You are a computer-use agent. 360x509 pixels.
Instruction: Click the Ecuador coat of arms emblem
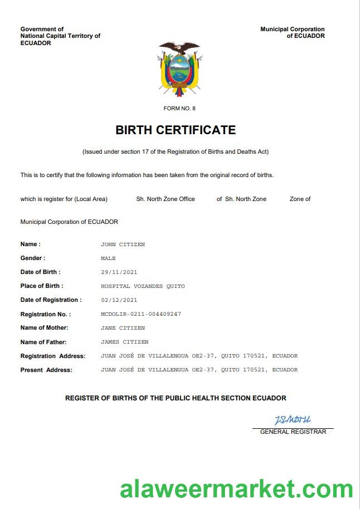point(179,68)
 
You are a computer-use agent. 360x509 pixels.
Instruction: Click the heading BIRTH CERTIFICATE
point(176,130)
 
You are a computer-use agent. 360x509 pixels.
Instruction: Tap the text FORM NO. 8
point(179,108)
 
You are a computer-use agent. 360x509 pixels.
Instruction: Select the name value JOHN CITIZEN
point(123,244)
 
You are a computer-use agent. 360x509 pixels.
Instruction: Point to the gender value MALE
point(108,258)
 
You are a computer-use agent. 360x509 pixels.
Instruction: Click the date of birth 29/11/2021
point(119,272)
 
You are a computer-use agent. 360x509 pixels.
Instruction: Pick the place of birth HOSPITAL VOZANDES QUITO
point(143,286)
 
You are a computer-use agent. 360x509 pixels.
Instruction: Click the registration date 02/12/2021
point(119,300)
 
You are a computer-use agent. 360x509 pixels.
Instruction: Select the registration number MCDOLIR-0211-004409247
point(140,314)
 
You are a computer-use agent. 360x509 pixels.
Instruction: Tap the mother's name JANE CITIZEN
point(123,328)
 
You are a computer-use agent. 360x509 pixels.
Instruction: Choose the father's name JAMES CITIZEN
point(124,342)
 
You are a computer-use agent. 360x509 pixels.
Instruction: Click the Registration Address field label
point(53,356)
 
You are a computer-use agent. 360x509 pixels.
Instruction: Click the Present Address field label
point(46,370)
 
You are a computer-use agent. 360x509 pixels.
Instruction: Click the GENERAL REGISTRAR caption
point(293,432)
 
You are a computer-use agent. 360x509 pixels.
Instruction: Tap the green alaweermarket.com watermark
point(236,490)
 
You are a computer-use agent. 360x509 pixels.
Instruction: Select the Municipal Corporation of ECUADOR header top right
point(293,32)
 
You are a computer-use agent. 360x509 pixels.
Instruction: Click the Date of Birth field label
point(40,272)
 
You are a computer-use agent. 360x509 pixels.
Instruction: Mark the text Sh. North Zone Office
point(166,199)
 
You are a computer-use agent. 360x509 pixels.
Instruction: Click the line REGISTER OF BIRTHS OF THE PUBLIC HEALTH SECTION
point(176,398)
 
